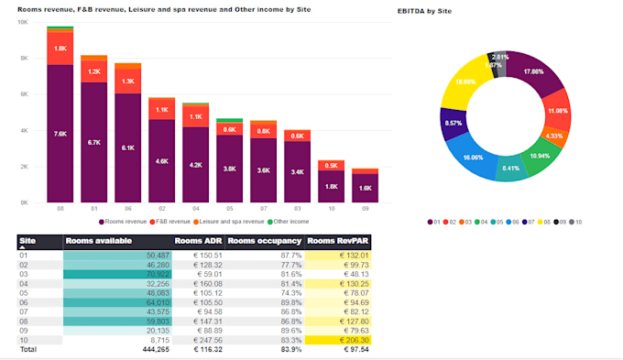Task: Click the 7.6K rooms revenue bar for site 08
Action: (x=60, y=133)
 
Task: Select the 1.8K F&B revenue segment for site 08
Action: (x=60, y=49)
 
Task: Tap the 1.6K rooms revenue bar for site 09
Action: (x=365, y=188)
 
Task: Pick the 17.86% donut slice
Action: (x=542, y=71)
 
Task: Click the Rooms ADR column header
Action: (x=199, y=241)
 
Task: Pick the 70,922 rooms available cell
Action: (x=118, y=273)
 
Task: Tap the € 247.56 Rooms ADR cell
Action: (x=199, y=339)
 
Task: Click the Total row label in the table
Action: (x=28, y=349)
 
